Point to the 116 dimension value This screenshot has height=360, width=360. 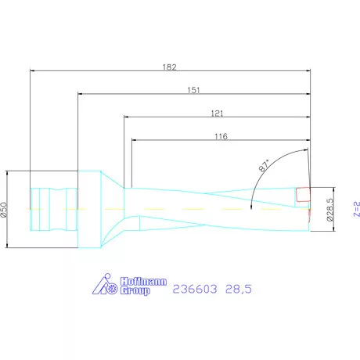[x=220, y=135]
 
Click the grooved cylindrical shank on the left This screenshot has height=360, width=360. [x=53, y=209]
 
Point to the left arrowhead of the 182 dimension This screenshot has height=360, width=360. [x=32, y=70]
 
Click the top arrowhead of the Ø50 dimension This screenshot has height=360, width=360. [x=8, y=172]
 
